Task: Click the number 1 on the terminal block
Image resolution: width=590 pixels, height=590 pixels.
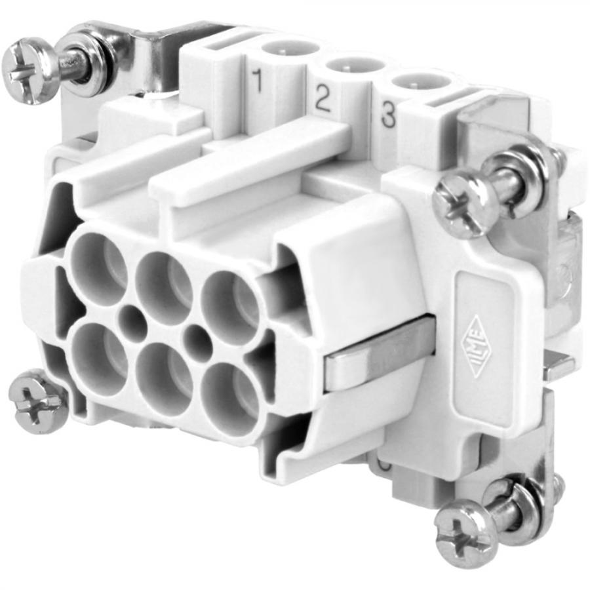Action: [257, 81]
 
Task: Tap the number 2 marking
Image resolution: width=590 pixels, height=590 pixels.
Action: [322, 98]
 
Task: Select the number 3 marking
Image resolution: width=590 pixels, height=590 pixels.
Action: [388, 115]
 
